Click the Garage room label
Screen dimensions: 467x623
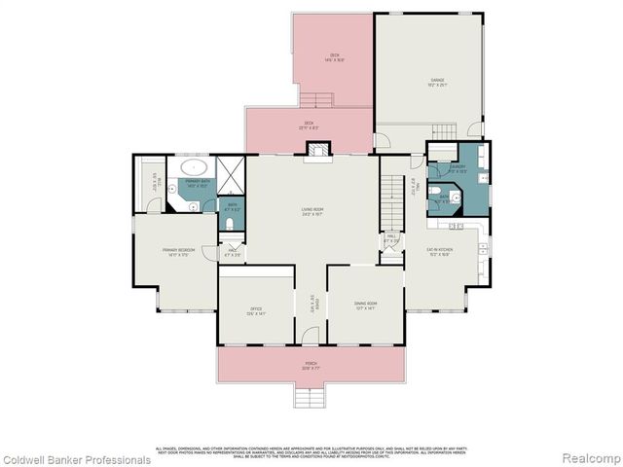(431, 81)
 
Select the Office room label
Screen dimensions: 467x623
(256, 312)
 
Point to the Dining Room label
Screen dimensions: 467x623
(365, 305)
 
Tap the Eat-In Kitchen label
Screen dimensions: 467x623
(440, 251)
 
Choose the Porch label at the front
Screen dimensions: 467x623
(311, 368)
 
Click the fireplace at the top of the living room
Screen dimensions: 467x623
(317, 151)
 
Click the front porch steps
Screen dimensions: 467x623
(310, 396)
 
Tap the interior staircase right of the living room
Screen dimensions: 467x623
(392, 199)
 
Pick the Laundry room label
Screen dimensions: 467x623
(457, 167)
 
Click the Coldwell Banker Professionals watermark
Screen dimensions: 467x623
(76, 459)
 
